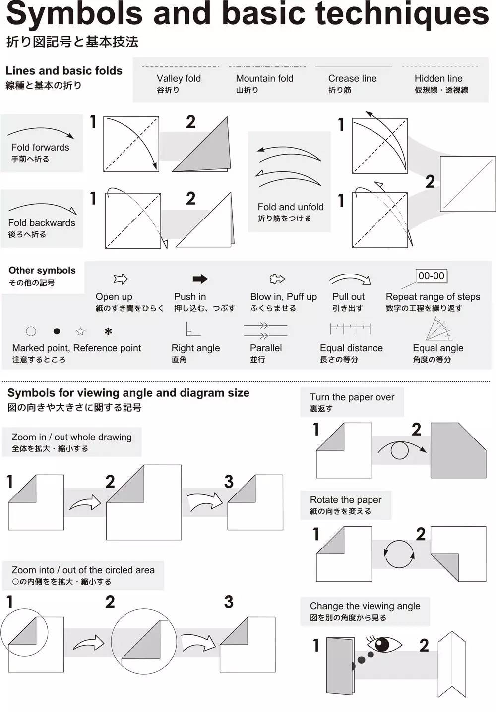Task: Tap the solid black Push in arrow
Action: [200, 279]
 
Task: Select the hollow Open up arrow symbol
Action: [121, 279]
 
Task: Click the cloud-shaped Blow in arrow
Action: [277, 279]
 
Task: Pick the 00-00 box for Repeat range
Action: [431, 276]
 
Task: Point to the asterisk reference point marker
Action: [108, 331]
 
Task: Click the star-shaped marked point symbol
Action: [80, 331]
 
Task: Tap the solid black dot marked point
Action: [57, 331]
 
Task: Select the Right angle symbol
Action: [193, 329]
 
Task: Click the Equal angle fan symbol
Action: [438, 329]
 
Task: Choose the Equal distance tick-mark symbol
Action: [350, 329]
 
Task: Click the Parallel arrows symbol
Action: [265, 330]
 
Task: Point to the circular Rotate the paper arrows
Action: [399, 553]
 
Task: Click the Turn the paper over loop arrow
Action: [401, 449]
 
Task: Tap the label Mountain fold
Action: [264, 78]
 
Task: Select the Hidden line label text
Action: [438, 78]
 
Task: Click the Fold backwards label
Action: [42, 223]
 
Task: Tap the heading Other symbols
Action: [42, 270]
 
